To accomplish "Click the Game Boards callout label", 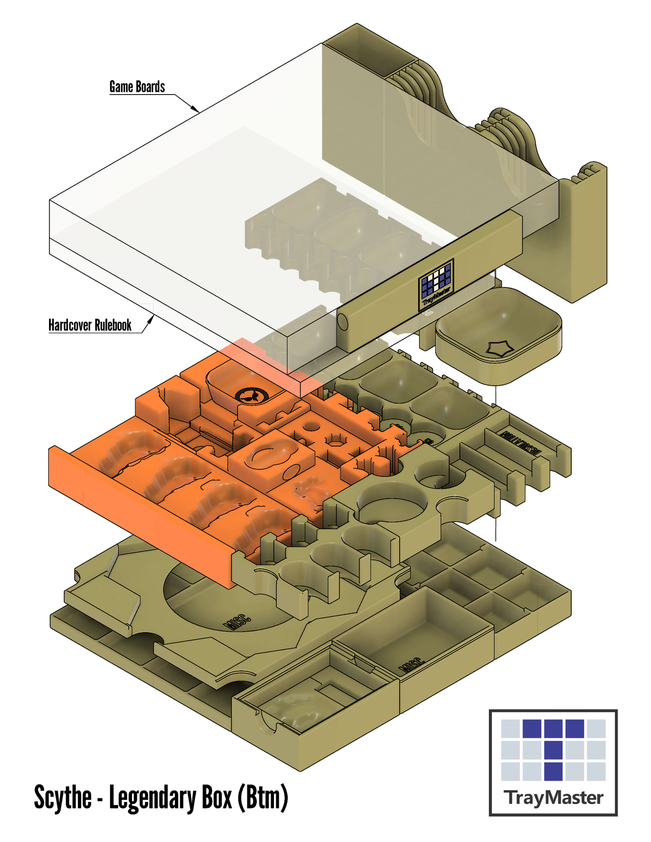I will click(137, 86).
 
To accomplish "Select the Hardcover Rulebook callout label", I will click(90, 325).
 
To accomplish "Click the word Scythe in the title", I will click(63, 798).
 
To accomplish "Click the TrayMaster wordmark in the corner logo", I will click(554, 798).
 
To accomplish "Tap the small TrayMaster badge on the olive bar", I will click(436, 285).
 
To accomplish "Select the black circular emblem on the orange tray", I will click(251, 396).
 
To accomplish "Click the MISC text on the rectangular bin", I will click(412, 665).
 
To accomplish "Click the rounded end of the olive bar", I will click(343, 322).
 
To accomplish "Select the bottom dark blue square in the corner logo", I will click(553, 771).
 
